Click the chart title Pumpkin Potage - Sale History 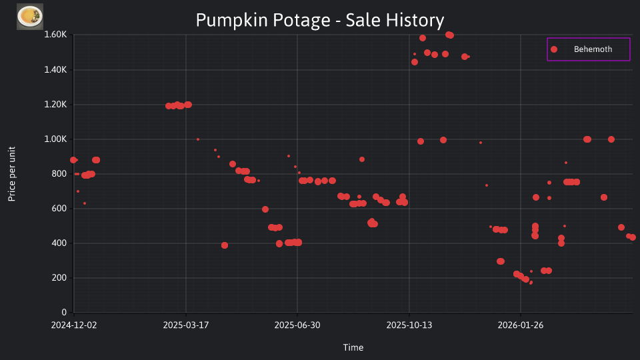tap(319, 20)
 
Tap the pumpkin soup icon tap(30, 17)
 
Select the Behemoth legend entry tap(588, 49)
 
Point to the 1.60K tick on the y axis tap(55, 35)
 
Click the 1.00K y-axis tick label tap(55, 139)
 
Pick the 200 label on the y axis tap(59, 278)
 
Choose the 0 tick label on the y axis tap(64, 312)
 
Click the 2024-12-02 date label tap(74, 325)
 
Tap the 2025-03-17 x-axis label tap(186, 325)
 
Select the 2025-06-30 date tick tap(297, 325)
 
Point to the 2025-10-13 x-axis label tap(409, 325)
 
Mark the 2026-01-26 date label tap(521, 325)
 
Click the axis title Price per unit tap(12, 174)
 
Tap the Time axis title tap(353, 347)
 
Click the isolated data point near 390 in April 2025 tap(225, 245)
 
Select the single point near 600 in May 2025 tap(265, 209)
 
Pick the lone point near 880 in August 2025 tap(362, 159)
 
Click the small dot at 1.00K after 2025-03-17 tap(198, 139)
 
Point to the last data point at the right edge tap(633, 237)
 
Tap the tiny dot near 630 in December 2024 tap(85, 203)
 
